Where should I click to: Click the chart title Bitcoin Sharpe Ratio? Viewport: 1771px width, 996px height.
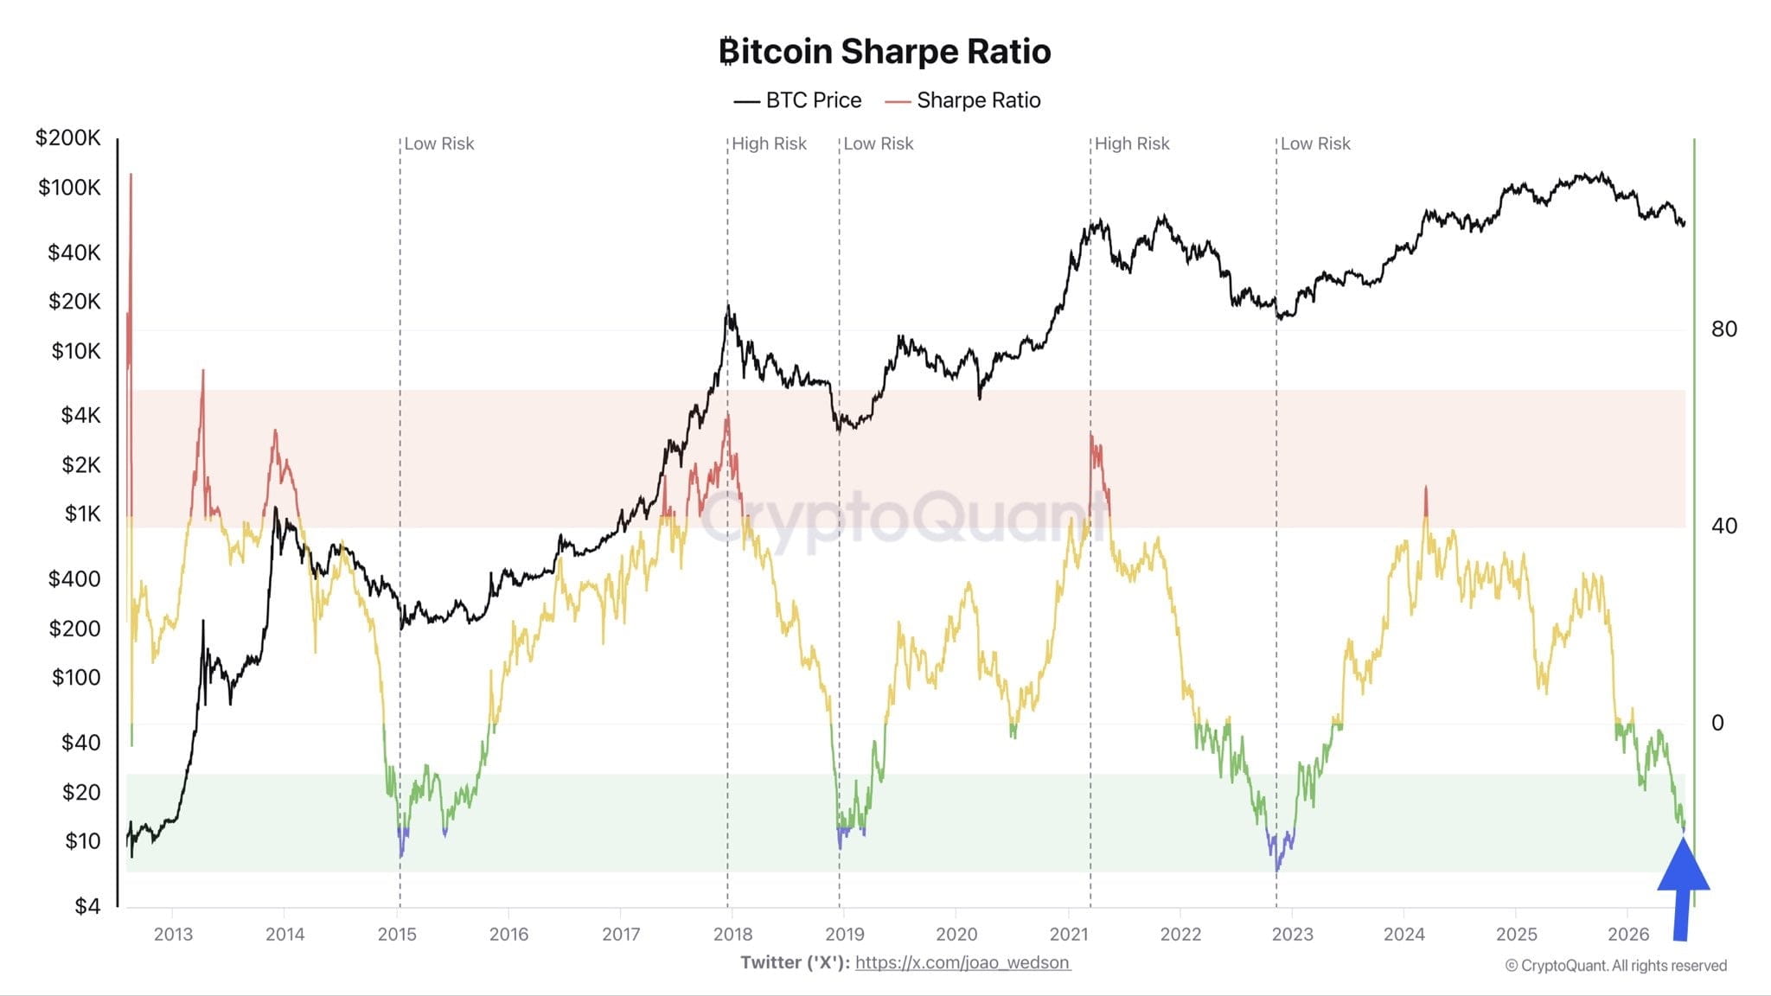click(x=885, y=51)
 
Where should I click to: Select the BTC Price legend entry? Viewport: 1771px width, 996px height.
click(x=797, y=100)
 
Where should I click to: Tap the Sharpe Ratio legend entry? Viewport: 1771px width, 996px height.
click(x=962, y=100)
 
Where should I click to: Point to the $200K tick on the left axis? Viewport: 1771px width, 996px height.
click(x=67, y=137)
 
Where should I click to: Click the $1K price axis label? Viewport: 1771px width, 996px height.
click(x=83, y=514)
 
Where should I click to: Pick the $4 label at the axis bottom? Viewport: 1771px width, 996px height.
click(x=87, y=906)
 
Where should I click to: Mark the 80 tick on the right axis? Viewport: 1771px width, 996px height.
click(x=1723, y=329)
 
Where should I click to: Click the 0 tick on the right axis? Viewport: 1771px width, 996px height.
click(x=1717, y=723)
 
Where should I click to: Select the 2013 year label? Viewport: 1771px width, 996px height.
click(x=173, y=934)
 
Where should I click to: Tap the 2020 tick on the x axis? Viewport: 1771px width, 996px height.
click(x=956, y=934)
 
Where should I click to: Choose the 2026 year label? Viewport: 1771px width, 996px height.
click(x=1628, y=934)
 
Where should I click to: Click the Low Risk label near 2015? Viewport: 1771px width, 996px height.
click(x=439, y=144)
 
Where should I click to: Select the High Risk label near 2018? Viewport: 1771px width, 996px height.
click(x=769, y=144)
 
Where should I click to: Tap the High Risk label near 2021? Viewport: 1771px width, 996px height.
click(x=1132, y=144)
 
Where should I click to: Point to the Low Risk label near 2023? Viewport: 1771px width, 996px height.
click(x=1315, y=144)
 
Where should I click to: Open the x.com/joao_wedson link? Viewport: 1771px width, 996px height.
click(x=962, y=962)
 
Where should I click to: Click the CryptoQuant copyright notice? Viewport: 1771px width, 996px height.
click(x=1615, y=966)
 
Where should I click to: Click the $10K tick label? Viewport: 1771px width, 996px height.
click(x=76, y=351)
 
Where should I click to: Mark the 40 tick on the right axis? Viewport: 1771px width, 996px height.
click(x=1723, y=526)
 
